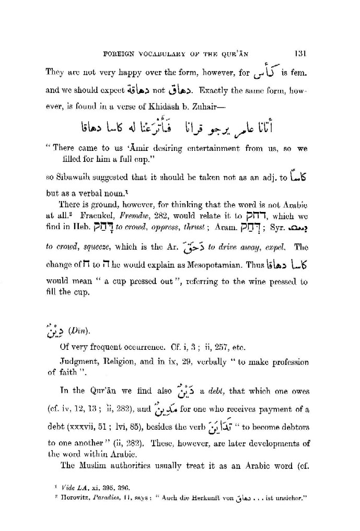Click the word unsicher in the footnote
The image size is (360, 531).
[x=289, y=499]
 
